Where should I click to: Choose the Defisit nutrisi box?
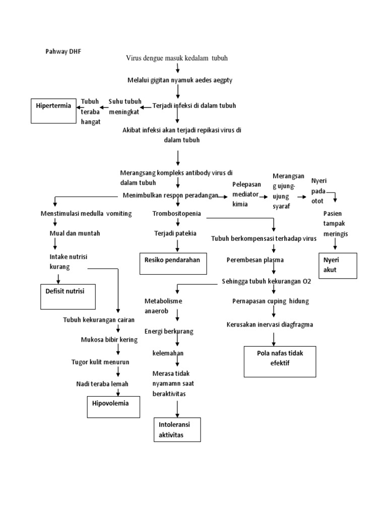(68, 296)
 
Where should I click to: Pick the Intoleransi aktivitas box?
(176, 429)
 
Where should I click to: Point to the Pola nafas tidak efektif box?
(280, 361)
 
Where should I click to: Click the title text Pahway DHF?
(62, 51)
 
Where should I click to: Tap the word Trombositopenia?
(176, 214)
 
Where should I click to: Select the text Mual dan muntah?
(75, 233)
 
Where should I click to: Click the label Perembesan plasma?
(254, 260)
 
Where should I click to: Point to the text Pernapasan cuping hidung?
(271, 301)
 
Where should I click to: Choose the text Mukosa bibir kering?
(109, 340)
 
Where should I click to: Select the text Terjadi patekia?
(175, 233)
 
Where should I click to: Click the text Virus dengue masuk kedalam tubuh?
(177, 58)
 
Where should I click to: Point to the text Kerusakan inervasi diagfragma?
(270, 325)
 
